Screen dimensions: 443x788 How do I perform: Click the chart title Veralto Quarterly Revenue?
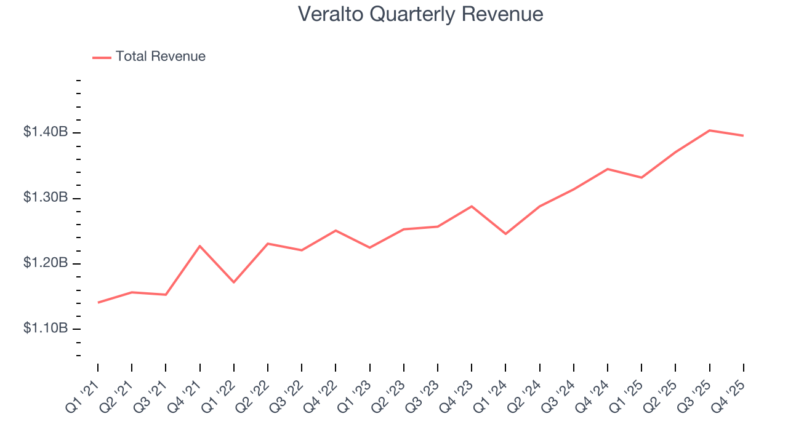(420, 14)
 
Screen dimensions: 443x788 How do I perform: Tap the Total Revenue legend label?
(160, 57)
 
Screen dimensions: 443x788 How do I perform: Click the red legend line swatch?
(102, 57)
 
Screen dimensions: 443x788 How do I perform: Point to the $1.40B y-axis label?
(46, 132)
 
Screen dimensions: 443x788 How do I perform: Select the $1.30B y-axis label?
(46, 198)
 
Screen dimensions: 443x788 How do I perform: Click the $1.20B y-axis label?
(46, 263)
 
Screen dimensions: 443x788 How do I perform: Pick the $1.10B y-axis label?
(46, 329)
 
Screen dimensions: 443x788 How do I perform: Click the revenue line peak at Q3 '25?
(710, 130)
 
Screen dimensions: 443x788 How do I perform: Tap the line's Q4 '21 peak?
(200, 246)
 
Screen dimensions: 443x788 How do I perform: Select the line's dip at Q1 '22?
(234, 282)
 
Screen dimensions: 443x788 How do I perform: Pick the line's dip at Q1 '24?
(506, 234)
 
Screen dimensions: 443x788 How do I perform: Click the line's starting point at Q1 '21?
(98, 303)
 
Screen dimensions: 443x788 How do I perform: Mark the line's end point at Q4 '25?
(744, 135)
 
